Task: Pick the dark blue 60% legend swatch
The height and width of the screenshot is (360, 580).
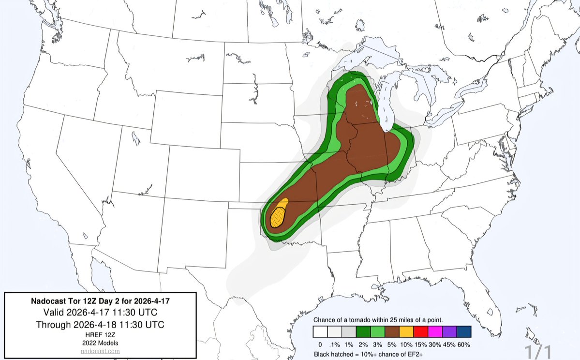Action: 463,332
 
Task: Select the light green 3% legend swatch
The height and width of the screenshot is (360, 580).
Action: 377,332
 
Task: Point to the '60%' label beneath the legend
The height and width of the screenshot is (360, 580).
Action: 463,344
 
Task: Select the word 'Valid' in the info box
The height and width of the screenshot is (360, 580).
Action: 54,311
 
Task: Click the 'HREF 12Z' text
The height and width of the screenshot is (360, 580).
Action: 101,334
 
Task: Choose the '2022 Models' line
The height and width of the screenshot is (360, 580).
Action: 101,343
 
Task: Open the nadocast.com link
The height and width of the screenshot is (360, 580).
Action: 101,351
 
